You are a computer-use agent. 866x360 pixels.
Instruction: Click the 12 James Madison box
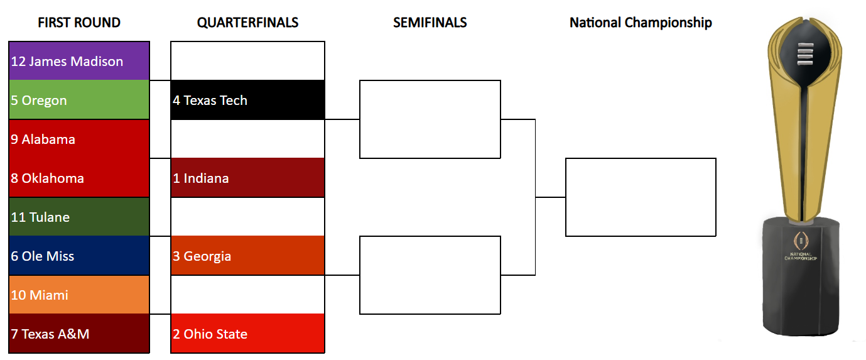[x=79, y=61]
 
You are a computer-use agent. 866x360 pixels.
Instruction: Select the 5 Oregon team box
[x=79, y=100]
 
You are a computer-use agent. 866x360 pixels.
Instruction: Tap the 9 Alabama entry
[x=79, y=139]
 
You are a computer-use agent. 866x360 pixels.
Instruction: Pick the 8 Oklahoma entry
[x=79, y=178]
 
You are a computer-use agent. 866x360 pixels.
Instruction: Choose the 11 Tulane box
[x=79, y=217]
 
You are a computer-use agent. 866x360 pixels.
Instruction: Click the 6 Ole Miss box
[x=79, y=256]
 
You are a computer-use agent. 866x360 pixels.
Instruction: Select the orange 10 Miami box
[x=79, y=295]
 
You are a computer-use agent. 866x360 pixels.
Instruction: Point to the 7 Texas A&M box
[x=79, y=334]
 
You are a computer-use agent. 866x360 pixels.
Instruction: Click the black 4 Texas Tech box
[x=247, y=100]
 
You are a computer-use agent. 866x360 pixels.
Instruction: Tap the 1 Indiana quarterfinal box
[x=247, y=178]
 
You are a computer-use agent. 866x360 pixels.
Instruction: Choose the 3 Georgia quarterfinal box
[x=247, y=256]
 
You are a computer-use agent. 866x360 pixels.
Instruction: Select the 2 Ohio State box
[x=247, y=334]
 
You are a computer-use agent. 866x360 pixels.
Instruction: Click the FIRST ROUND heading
[x=79, y=23]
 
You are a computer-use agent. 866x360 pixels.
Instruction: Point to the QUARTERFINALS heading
[x=247, y=23]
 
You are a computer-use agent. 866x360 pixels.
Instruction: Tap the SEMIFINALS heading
[x=430, y=23]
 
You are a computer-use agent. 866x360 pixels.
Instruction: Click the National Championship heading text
[x=641, y=23]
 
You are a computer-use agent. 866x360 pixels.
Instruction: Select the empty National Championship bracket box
[x=641, y=197]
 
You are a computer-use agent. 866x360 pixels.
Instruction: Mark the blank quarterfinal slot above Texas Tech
[x=247, y=61]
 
